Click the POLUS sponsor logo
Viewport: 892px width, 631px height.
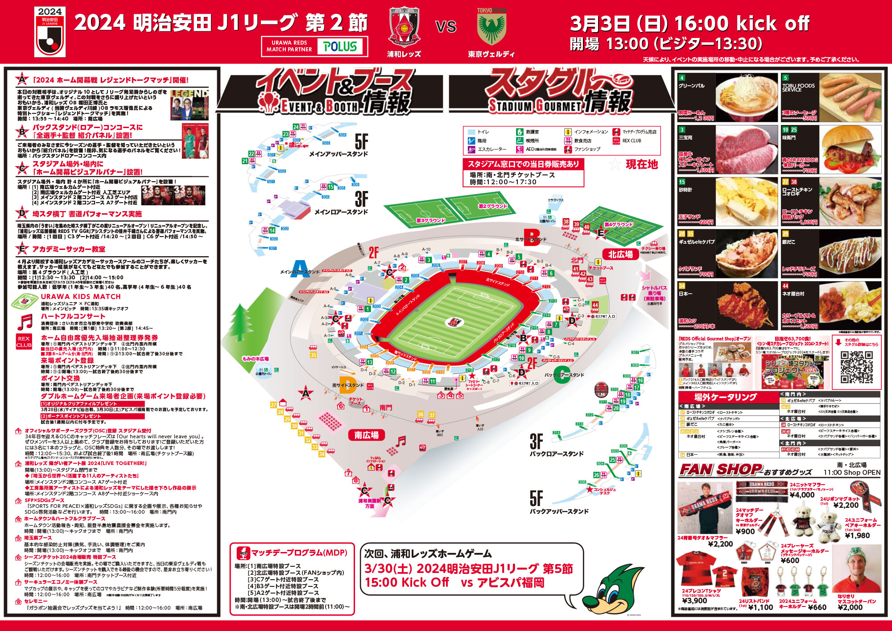[340, 46]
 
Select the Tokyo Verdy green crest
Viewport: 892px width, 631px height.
[491, 27]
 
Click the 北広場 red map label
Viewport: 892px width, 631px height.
[620, 254]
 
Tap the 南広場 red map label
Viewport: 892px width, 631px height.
[366, 435]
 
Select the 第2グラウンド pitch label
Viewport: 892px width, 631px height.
[492, 206]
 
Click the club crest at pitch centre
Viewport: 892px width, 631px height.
[454, 322]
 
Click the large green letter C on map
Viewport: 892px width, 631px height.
[562, 375]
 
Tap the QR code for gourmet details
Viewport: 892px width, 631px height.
[856, 367]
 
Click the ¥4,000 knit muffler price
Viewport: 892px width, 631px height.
[802, 495]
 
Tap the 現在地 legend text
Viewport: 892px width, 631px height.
[641, 164]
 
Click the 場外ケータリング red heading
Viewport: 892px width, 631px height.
[725, 397]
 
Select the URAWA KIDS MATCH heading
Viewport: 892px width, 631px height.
[81, 296]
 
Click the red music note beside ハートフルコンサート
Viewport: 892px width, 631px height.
[25, 322]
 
